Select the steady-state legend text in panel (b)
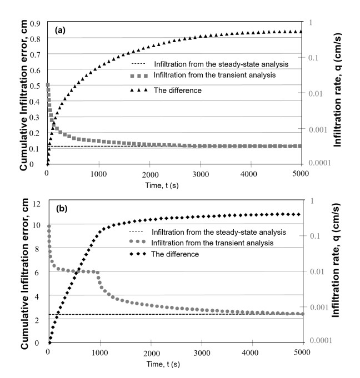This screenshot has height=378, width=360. [218, 231]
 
